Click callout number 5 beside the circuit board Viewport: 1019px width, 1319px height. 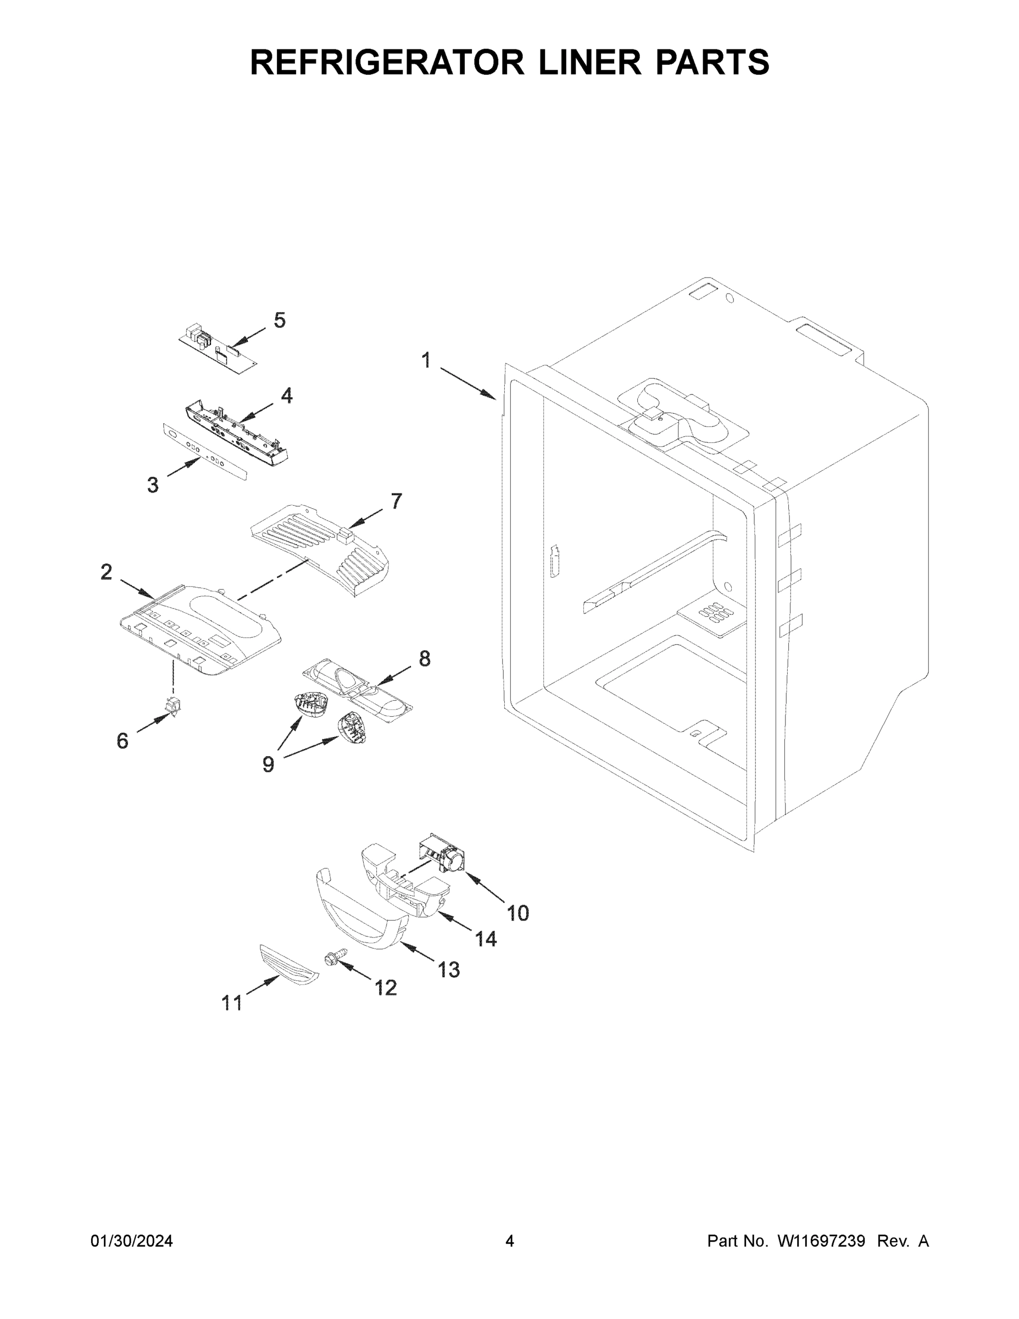[280, 320]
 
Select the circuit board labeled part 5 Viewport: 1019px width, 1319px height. [218, 350]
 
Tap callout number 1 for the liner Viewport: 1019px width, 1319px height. [426, 361]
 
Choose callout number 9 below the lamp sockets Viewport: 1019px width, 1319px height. [268, 764]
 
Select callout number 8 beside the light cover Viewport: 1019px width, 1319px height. [425, 658]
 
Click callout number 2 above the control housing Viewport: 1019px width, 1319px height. [106, 572]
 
